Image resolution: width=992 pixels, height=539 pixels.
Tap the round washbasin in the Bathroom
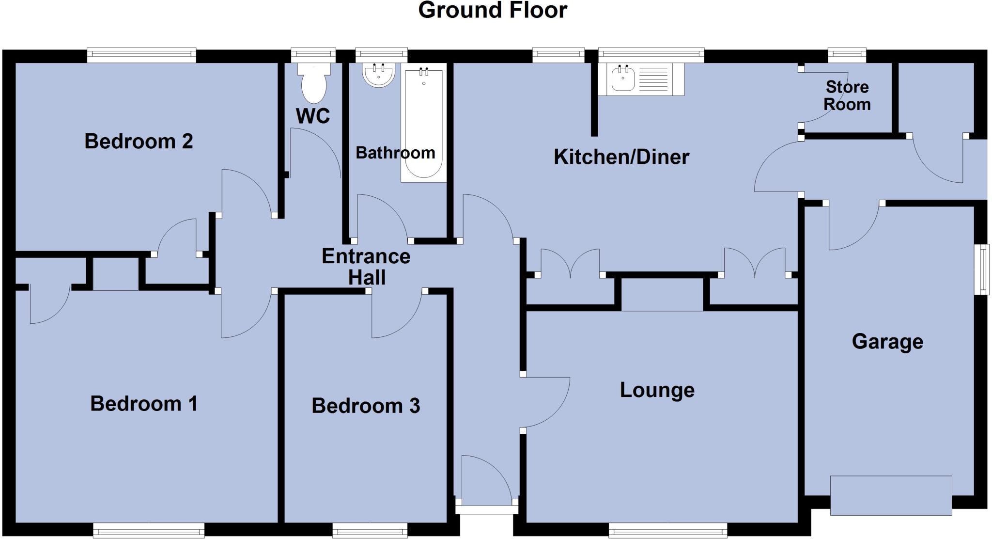378,76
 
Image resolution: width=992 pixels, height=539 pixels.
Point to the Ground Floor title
492,11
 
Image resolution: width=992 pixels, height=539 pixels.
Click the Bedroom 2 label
139,142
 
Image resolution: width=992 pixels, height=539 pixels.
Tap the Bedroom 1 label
144,404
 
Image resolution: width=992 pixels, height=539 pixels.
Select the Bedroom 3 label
366,406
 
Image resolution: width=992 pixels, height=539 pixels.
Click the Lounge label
657,390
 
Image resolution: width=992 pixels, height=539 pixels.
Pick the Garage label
887,342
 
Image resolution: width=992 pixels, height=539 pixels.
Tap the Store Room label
847,95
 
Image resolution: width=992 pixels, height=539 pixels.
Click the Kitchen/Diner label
621,157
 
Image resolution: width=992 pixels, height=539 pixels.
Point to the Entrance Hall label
366,267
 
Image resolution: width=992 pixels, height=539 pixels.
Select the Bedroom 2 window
141,55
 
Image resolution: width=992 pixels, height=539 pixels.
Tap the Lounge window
667,530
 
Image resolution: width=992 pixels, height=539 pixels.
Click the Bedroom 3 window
370,530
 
